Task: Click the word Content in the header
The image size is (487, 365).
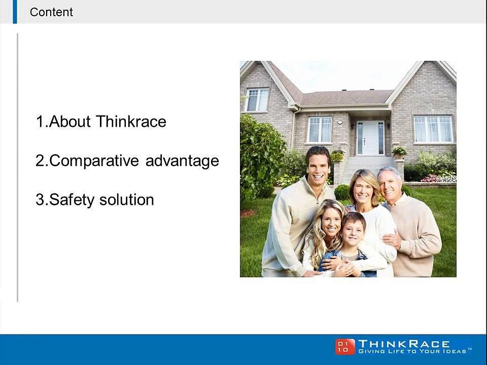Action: [x=51, y=12]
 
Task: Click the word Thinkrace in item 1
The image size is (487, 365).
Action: [x=131, y=121]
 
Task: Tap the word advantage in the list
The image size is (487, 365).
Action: [x=182, y=161]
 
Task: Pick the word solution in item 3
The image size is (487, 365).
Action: [x=127, y=199]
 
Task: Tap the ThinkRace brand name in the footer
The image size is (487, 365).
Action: [x=404, y=344]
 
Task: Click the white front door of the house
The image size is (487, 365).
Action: [x=370, y=138]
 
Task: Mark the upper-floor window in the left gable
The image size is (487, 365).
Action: [x=257, y=100]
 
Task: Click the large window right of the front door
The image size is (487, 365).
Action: [x=434, y=129]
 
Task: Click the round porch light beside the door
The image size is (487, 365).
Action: [x=340, y=122]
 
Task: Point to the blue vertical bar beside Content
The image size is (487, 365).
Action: [x=15, y=12]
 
